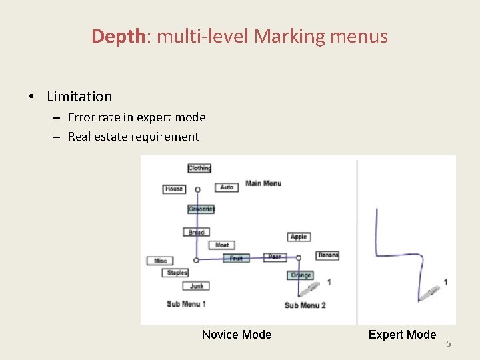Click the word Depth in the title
tap(118, 36)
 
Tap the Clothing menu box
tap(199, 168)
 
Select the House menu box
tap(174, 189)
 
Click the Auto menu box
tap(227, 187)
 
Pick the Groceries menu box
tap(201, 209)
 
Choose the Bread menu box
tap(196, 232)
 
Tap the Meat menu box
tap(222, 245)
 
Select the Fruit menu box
tap(236, 258)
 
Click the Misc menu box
tap(161, 261)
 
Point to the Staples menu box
tap(177, 273)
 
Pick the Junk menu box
tap(196, 286)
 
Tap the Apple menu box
tap(299, 237)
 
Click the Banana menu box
tap(328, 255)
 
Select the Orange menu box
tap(301, 275)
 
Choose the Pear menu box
tap(275, 257)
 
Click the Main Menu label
tap(263, 183)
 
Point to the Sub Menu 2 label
tap(305, 305)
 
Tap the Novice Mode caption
tap(237, 335)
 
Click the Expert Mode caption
tap(402, 335)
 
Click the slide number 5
tap(449, 344)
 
